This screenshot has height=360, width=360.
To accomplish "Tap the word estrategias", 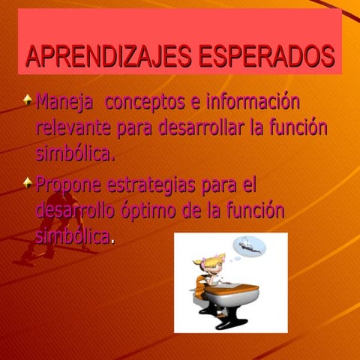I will [x=154, y=184].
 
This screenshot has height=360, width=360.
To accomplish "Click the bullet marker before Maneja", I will [x=28, y=99].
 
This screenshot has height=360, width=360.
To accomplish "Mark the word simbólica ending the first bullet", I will [x=75, y=154].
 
